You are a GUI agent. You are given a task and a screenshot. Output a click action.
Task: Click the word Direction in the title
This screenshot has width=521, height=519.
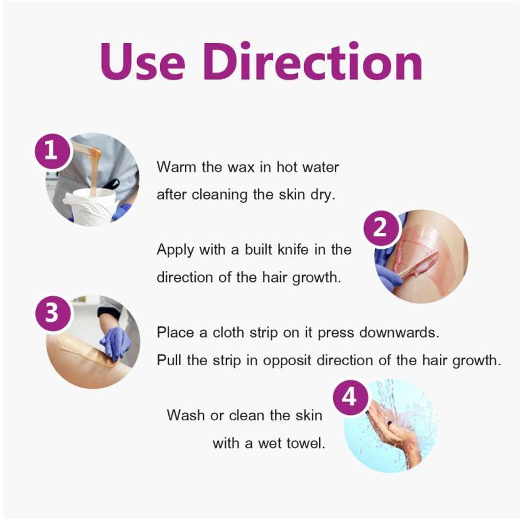(x=313, y=61)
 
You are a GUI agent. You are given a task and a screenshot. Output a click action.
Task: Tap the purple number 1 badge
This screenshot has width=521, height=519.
(x=52, y=151)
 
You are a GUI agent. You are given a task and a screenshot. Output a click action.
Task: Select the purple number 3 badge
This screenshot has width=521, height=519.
(x=52, y=313)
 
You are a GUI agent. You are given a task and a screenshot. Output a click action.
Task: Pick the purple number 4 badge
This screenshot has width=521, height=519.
(x=350, y=397)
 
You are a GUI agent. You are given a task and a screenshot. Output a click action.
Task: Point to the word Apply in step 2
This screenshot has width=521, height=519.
(x=175, y=250)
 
